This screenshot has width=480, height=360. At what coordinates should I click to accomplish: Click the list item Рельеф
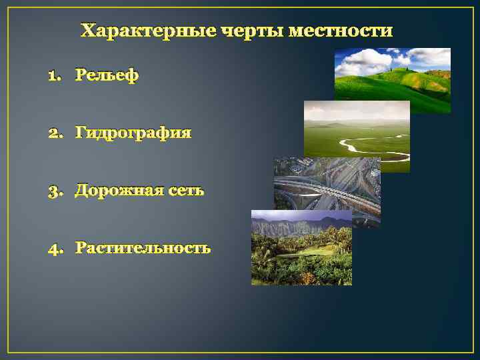107,75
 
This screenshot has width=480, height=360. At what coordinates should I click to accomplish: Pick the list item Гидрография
133,133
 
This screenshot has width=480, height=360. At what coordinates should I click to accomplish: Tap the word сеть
186,191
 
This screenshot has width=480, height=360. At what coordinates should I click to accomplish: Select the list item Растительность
143,249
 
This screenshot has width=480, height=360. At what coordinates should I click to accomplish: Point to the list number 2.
55,133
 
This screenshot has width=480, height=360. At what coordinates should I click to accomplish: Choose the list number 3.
55,191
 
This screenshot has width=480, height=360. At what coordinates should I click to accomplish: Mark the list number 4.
55,249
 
